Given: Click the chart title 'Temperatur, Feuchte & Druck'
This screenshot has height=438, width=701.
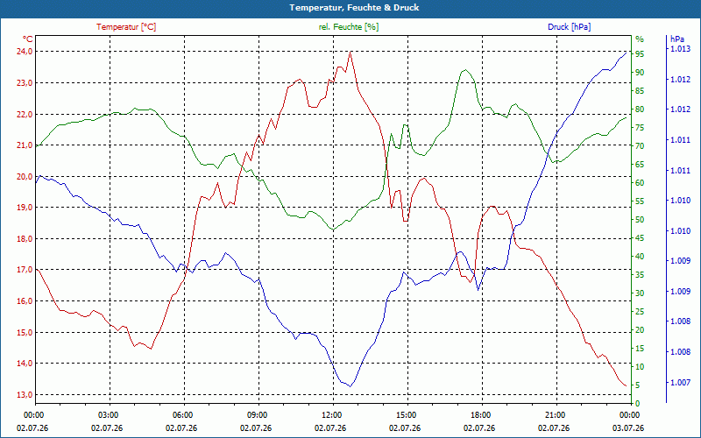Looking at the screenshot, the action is (x=354, y=8).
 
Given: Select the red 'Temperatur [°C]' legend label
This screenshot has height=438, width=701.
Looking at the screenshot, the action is (x=126, y=27).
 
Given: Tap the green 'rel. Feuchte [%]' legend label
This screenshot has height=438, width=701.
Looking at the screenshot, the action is (x=348, y=27).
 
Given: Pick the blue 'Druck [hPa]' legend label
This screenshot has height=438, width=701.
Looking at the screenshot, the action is (x=569, y=27).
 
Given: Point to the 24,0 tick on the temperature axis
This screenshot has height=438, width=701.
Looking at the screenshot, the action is (x=25, y=52).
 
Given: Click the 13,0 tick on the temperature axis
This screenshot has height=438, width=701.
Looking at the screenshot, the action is (x=25, y=395).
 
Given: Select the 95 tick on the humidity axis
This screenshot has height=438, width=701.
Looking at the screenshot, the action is (x=640, y=54).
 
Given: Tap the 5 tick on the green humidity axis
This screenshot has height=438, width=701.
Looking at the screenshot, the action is (x=638, y=385).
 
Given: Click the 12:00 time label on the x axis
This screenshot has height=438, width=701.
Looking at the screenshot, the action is (x=330, y=414).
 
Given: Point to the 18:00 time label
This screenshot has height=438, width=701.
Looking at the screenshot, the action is (x=479, y=414).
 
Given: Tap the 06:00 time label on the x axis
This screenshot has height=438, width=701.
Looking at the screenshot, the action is (x=181, y=414).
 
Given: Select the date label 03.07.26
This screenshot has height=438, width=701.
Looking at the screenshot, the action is (x=628, y=427).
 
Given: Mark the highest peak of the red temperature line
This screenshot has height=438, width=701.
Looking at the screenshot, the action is (x=350, y=52).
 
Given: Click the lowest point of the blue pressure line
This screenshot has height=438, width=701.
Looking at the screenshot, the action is (x=350, y=386).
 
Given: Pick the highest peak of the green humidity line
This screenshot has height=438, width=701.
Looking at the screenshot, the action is (x=465, y=70).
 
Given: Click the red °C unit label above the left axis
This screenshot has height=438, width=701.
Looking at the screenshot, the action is (x=27, y=39).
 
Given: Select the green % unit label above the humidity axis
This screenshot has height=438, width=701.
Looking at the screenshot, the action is (x=640, y=39).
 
